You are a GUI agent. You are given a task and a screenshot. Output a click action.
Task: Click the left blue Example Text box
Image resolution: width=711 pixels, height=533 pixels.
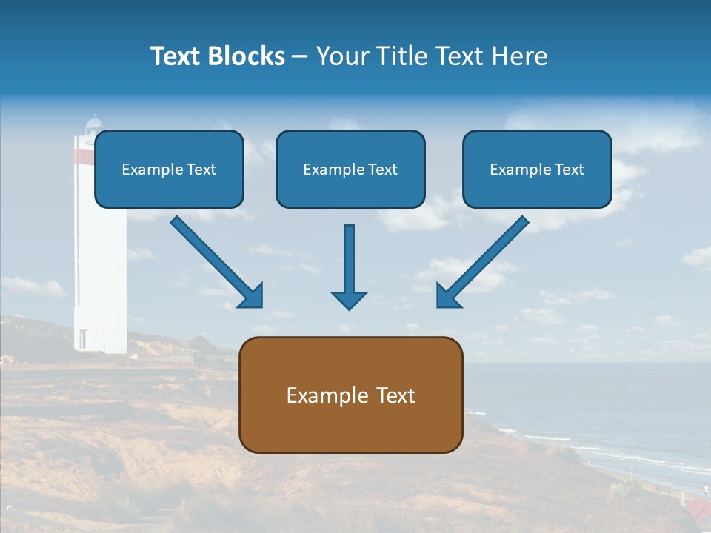point(169,169)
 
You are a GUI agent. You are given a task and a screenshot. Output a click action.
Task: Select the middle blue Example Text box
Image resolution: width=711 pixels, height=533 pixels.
point(350,169)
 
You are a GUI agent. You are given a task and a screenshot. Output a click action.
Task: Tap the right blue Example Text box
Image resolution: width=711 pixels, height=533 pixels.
point(537,169)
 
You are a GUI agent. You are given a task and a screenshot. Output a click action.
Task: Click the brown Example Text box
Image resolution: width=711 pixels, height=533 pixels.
point(350,395)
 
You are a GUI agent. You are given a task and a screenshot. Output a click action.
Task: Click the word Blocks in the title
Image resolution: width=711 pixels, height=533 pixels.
point(246,56)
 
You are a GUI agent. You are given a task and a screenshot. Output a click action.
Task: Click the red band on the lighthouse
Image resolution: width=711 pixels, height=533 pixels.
point(84,155)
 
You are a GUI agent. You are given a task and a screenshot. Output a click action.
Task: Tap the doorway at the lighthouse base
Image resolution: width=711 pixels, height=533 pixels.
point(82,340)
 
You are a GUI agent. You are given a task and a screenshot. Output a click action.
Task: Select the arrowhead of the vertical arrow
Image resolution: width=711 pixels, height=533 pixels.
point(349,299)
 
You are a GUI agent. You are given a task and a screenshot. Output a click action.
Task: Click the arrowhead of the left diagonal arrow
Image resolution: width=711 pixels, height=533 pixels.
point(252,296)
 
